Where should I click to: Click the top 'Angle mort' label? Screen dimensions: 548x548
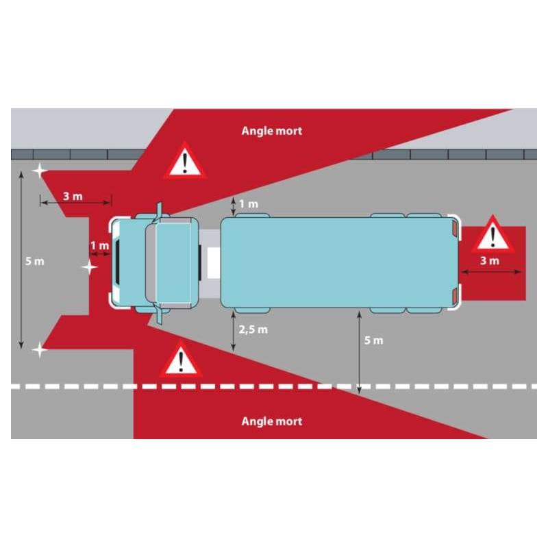tap(271, 130)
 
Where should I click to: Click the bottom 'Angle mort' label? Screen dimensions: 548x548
tap(271, 421)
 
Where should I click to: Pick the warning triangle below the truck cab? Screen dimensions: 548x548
tap(180, 361)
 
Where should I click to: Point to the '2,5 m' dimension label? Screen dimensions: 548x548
tap(253, 329)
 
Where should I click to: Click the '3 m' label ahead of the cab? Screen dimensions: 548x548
tap(73, 196)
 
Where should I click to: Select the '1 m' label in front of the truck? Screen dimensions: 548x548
tap(99, 245)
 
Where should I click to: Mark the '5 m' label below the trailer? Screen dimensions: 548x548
tap(374, 340)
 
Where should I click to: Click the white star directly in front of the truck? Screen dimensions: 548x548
tap(90, 267)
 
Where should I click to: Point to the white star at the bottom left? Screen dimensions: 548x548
tap(40, 350)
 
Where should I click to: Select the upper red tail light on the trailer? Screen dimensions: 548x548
tap(453, 227)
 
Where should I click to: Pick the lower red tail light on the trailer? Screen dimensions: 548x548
tap(453, 295)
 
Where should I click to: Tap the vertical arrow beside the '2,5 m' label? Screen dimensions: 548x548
tap(234, 331)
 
